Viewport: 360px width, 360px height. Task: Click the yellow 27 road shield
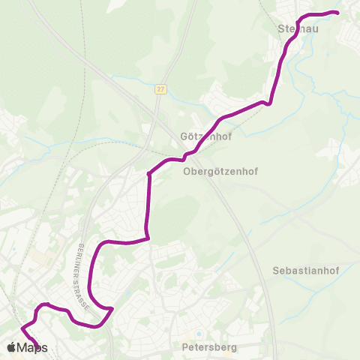tap(160, 88)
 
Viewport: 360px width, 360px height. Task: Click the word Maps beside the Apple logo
tap(32, 348)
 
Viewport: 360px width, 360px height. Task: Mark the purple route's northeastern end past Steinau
tap(337, 13)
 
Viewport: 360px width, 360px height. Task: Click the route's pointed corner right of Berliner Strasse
tap(112, 308)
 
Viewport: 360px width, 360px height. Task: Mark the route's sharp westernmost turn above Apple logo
tap(21, 328)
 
